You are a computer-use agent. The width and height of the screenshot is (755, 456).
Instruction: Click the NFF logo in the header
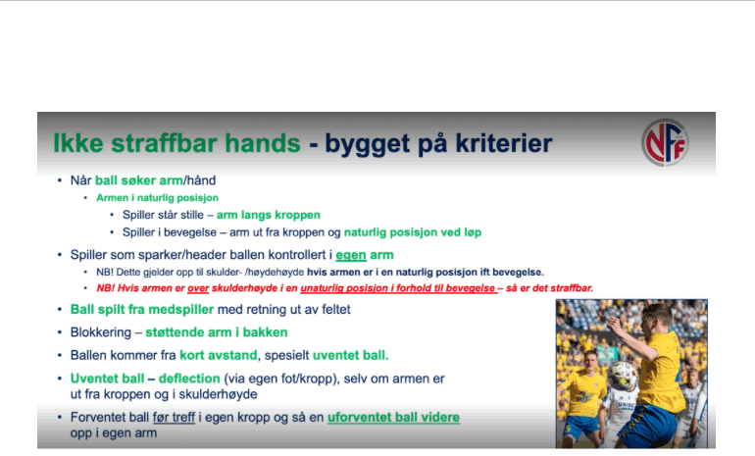point(666,142)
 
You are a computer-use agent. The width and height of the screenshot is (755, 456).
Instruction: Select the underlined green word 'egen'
point(351,255)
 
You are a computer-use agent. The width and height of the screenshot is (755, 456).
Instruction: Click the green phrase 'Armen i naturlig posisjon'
point(157,198)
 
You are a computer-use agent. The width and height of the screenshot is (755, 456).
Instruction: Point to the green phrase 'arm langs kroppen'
point(269,215)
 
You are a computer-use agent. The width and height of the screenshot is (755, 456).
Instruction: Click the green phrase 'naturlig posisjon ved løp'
point(413,232)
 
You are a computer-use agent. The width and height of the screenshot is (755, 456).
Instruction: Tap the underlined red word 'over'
point(198,288)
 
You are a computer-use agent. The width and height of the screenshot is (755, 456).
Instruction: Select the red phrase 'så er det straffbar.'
point(549,288)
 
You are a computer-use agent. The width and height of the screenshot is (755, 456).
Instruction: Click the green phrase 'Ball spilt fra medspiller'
point(142,310)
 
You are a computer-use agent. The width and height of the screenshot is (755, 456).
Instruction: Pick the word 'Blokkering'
point(101,332)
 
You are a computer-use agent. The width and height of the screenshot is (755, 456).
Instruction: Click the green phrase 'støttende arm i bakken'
point(217,332)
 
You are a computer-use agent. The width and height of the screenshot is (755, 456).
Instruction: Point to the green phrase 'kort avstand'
point(219,356)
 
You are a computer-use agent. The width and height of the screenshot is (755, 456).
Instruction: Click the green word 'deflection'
point(189,379)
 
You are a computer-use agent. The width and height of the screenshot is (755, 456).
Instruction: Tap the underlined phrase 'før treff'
point(174,418)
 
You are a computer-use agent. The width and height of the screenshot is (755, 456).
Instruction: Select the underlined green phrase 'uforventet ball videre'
point(393,418)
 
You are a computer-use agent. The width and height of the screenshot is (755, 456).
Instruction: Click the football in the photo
point(622,376)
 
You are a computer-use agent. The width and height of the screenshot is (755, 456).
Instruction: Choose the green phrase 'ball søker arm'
point(139,180)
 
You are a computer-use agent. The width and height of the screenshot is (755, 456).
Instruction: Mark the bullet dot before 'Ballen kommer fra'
point(60,355)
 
